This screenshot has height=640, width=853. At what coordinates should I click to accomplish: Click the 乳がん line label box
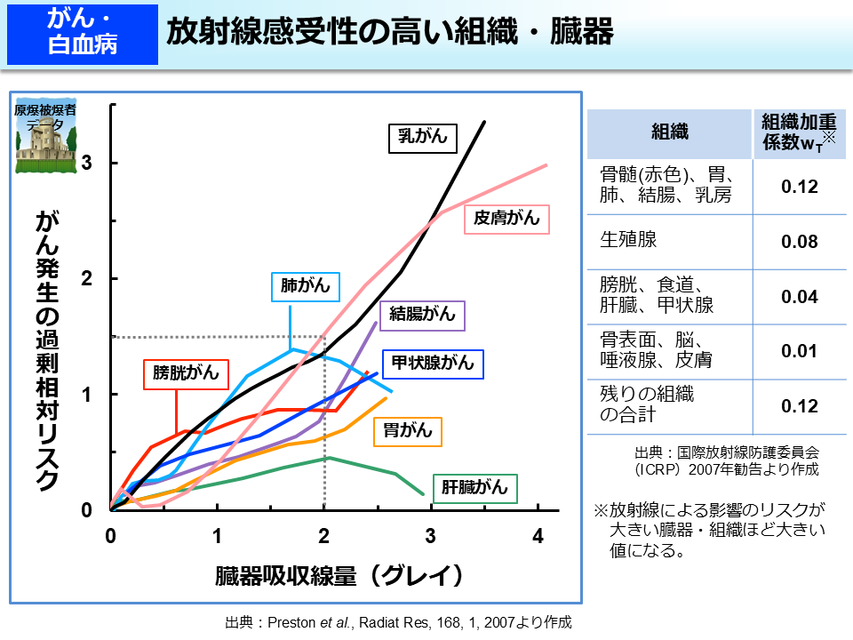coord(422,138)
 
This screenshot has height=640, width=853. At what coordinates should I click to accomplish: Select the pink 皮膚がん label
coord(507,219)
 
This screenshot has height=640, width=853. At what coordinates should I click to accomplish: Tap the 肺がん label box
coord(305,286)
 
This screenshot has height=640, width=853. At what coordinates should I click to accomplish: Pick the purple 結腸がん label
coord(422,314)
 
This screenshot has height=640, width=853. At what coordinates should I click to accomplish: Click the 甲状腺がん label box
coord(433,363)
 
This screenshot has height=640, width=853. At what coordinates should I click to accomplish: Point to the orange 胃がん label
coord(408,431)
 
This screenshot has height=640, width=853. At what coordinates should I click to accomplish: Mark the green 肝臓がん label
coord(475,487)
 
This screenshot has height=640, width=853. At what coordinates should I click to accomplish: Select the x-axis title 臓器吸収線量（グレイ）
coord(339,575)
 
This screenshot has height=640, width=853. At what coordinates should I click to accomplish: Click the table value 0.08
coord(799,242)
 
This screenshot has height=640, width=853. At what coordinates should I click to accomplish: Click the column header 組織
coord(670,133)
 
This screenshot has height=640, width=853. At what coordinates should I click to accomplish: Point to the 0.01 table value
coord(799,351)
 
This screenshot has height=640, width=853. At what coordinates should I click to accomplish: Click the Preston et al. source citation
coord(397,621)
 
